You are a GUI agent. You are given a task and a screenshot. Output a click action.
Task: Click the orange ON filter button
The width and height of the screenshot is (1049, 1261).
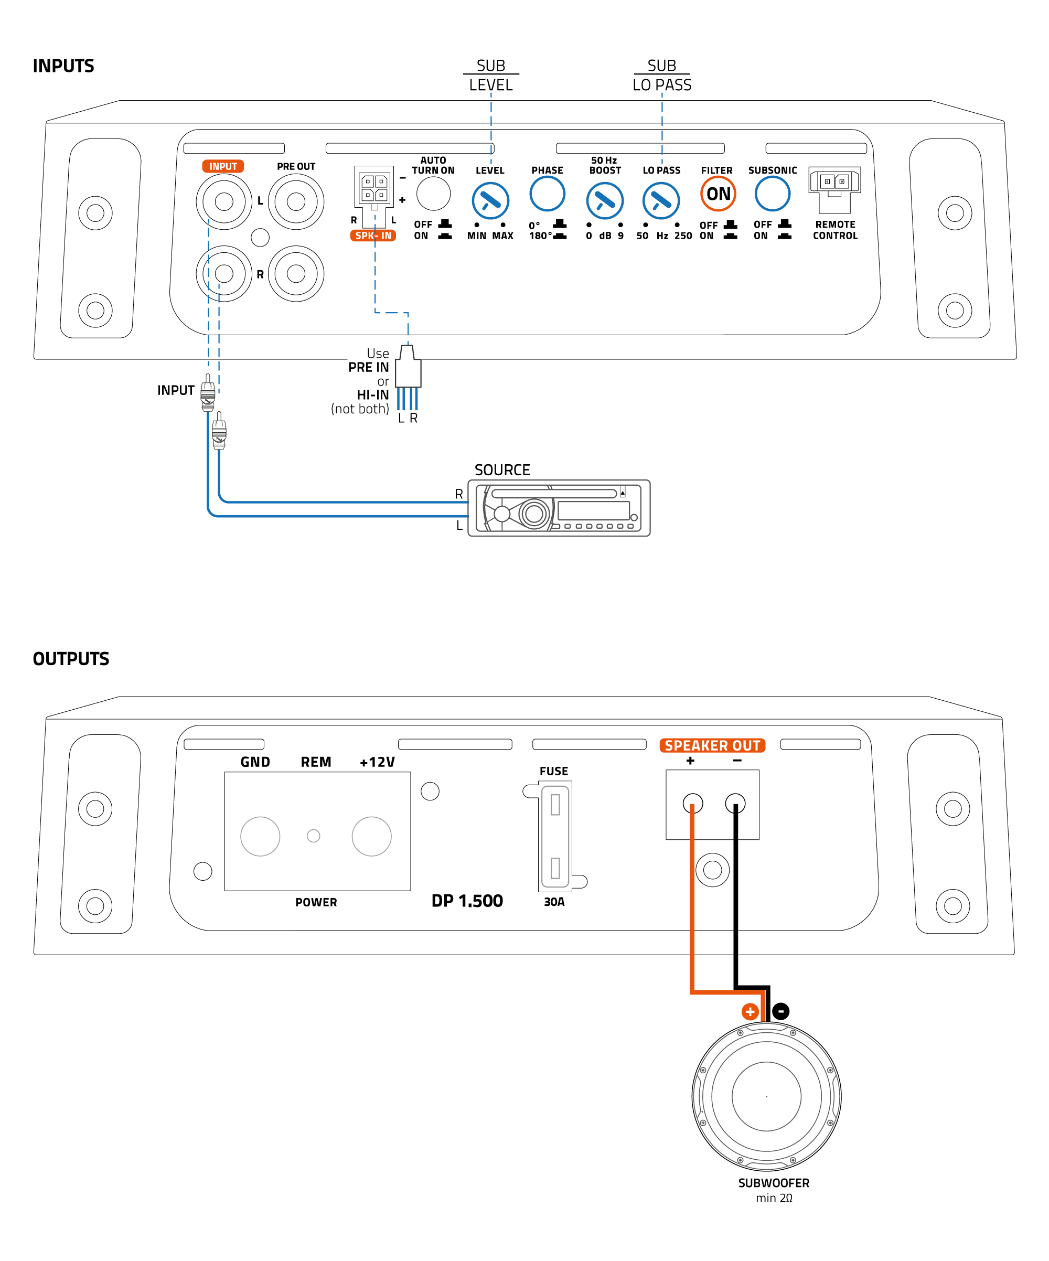pyautogui.click(x=718, y=194)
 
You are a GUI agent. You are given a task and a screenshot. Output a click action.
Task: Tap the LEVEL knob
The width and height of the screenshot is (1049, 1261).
pyautogui.click(x=490, y=201)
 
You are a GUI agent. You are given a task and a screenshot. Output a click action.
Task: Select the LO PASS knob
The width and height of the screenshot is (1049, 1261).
pyautogui.click(x=660, y=201)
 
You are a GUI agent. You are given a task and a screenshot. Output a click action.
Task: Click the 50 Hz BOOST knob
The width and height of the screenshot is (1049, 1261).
pyautogui.click(x=604, y=201)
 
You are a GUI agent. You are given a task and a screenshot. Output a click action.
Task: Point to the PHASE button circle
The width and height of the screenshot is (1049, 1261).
pyautogui.click(x=547, y=194)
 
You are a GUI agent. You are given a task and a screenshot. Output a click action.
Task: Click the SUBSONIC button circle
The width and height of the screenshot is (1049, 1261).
pyautogui.click(x=772, y=194)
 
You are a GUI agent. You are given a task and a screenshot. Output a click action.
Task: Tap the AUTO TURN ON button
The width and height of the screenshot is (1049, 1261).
pyautogui.click(x=433, y=194)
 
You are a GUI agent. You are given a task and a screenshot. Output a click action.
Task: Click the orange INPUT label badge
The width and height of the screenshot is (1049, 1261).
pyautogui.click(x=223, y=166)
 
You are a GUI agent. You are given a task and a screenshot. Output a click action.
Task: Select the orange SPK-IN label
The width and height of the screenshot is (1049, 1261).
pyautogui.click(x=373, y=236)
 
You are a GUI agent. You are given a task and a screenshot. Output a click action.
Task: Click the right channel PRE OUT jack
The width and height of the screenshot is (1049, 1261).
pyautogui.click(x=296, y=274)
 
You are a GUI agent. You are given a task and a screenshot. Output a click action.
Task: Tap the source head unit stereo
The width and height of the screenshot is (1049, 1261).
pyautogui.click(x=559, y=508)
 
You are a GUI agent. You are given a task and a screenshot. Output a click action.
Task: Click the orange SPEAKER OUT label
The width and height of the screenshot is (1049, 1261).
pyautogui.click(x=712, y=745)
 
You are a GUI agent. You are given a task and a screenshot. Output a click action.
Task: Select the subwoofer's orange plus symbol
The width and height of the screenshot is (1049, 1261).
pyautogui.click(x=750, y=1012)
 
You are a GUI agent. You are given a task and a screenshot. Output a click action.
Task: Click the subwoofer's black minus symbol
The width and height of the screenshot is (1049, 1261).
pyautogui.click(x=780, y=1011)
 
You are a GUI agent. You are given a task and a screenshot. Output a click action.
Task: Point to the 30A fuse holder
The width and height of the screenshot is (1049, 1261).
pyautogui.click(x=555, y=837)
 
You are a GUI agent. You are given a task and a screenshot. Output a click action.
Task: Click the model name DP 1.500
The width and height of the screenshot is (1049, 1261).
pyautogui.click(x=467, y=901)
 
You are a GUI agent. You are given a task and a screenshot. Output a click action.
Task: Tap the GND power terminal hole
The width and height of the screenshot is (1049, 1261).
pyautogui.click(x=260, y=836)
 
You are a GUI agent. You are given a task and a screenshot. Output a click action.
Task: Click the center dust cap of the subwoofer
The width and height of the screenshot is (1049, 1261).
pyautogui.click(x=766, y=1096)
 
